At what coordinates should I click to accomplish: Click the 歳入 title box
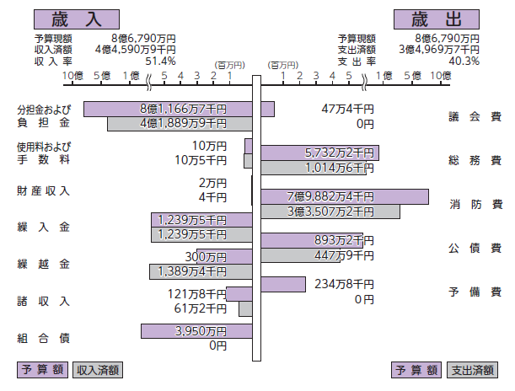click(x=76, y=19)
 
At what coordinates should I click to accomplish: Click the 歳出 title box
click(x=437, y=19)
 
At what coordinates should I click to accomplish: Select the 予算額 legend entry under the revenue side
click(x=42, y=369)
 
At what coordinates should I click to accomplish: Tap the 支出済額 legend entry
click(x=472, y=369)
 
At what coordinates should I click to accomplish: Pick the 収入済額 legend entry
click(x=97, y=369)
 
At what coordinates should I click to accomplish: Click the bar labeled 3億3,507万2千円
click(x=330, y=212)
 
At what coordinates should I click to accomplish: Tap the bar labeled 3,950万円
click(x=197, y=331)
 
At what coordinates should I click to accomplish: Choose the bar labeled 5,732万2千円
click(x=319, y=153)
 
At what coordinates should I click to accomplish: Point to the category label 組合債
click(x=43, y=339)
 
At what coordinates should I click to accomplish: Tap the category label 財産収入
click(x=43, y=190)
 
